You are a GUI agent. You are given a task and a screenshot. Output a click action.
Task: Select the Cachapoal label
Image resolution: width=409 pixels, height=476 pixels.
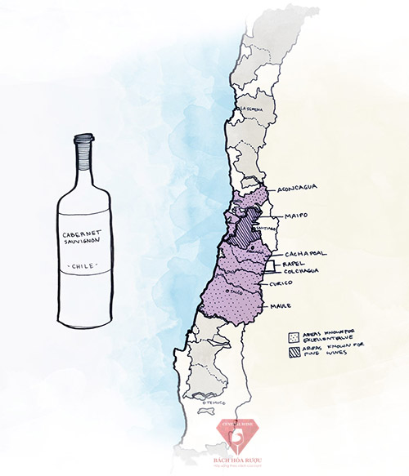pyautogui.click(x=304, y=254)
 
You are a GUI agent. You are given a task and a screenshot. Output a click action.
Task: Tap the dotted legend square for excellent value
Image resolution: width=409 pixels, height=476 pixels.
pyautogui.click(x=293, y=336)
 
